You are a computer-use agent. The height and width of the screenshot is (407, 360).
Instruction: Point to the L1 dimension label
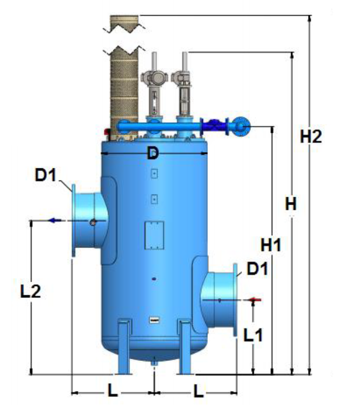tap(253, 335)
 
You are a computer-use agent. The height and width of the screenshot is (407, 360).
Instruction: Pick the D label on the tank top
tap(152, 154)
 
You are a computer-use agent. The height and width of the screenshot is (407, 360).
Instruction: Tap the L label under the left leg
tap(112, 390)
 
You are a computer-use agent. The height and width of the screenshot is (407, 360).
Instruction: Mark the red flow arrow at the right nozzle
tap(254, 300)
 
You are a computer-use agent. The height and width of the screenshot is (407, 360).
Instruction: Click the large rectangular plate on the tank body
tap(154, 234)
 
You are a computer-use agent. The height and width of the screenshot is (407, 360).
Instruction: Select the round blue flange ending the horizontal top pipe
tap(241, 126)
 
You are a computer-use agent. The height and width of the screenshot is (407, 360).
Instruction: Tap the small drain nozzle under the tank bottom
tap(154, 362)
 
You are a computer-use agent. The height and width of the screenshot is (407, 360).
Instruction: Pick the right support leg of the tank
tap(184, 346)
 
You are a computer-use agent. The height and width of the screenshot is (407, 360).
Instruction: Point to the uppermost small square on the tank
tap(154, 174)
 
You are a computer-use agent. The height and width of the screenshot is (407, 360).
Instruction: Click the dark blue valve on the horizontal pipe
tap(215, 126)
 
